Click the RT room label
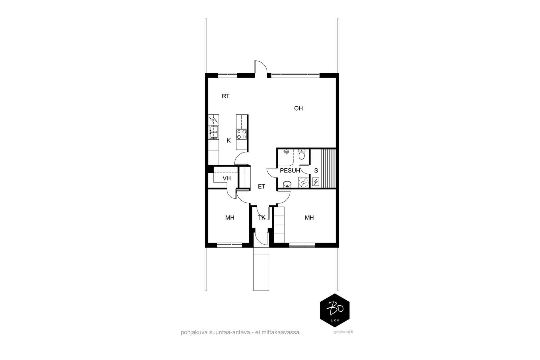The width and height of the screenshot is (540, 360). coord(226,96)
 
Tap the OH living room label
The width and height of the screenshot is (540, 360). coord(298,108)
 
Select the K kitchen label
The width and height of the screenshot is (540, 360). coord(229,141)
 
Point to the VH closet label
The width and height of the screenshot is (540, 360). coord(226,178)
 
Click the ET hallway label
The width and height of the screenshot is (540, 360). coord(262,187)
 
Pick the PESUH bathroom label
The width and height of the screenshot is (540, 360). coord(290,171)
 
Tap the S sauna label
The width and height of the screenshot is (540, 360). coord(316,171)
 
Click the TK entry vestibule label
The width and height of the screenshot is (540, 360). coord(262,218)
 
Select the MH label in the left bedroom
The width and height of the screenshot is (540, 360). coord(230,218)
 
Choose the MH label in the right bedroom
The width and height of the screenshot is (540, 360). coord(309,218)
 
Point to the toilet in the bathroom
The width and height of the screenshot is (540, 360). coord(302,155)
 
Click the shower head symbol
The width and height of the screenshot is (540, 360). coord(287,152)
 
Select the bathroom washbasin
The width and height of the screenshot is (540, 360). coord(287,184)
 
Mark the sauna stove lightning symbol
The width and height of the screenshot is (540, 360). coord(316,182)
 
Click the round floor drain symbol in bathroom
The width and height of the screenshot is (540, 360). coord(303,183)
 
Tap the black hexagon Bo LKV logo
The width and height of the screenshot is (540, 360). coord(335,310)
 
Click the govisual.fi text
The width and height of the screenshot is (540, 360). coord(343,332)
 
